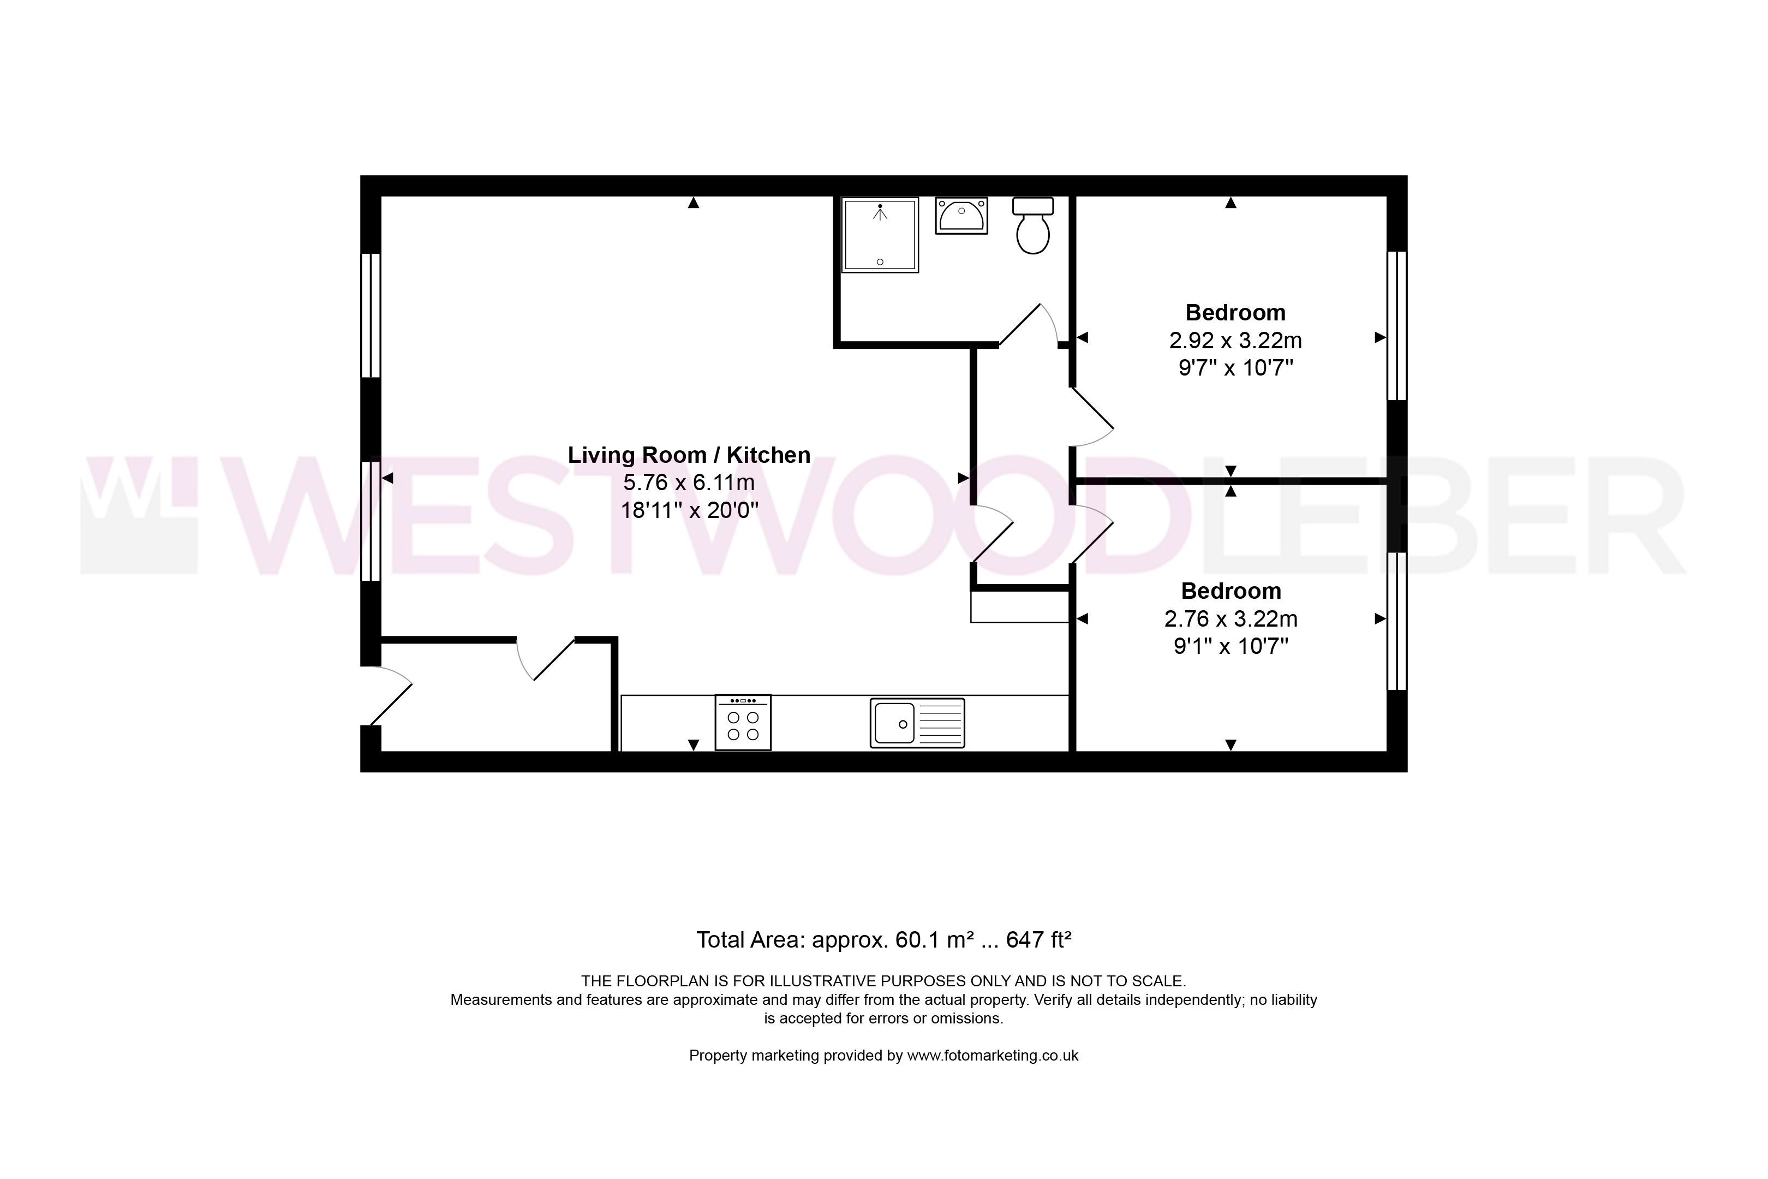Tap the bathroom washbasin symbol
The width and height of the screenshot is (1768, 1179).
(x=961, y=215)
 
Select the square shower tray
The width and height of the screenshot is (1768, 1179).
(x=880, y=235)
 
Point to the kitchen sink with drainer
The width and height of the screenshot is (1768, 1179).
(x=917, y=723)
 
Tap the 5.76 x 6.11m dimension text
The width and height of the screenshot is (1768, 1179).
(x=689, y=482)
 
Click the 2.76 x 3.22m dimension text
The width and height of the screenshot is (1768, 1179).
(x=1231, y=619)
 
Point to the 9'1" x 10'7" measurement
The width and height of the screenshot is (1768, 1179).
(x=1231, y=646)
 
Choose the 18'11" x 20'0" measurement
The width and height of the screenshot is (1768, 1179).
(x=689, y=510)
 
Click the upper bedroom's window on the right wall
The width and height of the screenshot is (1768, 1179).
(x=1396, y=325)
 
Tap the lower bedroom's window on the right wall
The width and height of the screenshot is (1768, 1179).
(x=1396, y=621)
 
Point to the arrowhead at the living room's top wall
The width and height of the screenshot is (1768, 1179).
(x=693, y=203)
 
